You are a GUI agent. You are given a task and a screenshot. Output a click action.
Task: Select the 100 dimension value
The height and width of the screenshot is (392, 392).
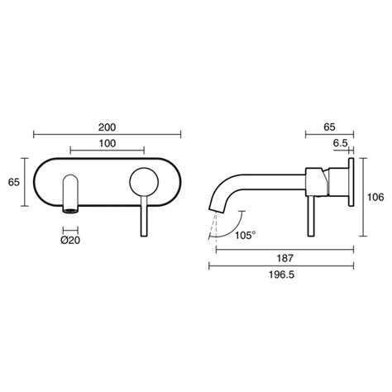click(107, 144)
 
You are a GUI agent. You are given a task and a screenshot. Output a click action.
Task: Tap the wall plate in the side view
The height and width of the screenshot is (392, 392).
click(354, 198)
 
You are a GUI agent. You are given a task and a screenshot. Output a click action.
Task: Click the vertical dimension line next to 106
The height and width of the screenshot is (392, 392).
click(365, 198)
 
